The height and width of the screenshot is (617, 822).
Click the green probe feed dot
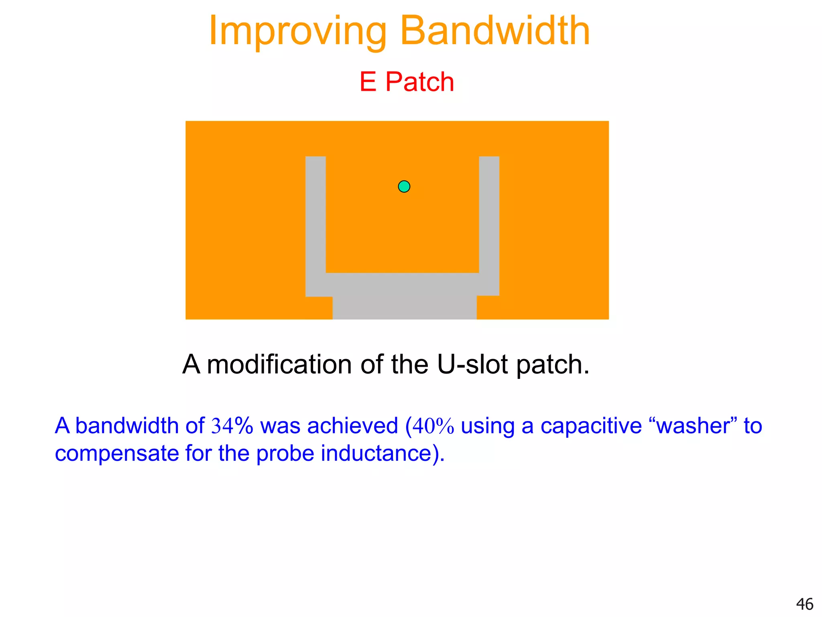coord(404,186)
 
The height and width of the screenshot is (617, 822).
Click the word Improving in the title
coord(297,31)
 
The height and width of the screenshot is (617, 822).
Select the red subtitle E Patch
coord(407,82)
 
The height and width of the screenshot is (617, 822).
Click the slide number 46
coord(804,604)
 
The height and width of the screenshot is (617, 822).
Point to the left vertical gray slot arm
coord(315,213)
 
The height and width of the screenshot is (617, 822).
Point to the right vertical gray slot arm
coord(489,213)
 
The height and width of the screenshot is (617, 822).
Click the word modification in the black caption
coord(279,364)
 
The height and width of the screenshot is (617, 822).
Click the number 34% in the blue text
coord(232,426)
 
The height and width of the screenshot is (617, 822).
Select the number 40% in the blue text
coord(433,426)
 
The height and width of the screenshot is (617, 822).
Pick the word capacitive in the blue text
coord(591,426)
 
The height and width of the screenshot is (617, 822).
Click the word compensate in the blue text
coord(117,454)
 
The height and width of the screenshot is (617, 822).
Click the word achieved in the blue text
coord(352,426)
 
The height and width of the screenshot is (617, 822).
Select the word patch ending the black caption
coord(552,364)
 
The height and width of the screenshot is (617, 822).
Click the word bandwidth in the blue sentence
coord(126,426)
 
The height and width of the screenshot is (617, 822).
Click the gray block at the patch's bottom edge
coord(404,307)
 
